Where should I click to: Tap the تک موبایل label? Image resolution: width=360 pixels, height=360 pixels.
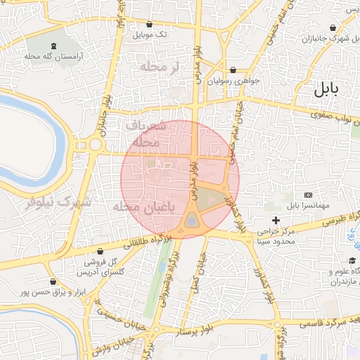(152, 34)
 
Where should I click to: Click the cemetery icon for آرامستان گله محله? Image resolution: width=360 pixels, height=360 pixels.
(56, 44)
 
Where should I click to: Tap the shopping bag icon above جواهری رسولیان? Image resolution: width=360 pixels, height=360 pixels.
(233, 70)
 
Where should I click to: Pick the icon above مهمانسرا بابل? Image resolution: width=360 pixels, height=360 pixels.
(308, 195)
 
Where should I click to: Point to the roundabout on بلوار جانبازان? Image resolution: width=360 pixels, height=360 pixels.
(96, 146)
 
